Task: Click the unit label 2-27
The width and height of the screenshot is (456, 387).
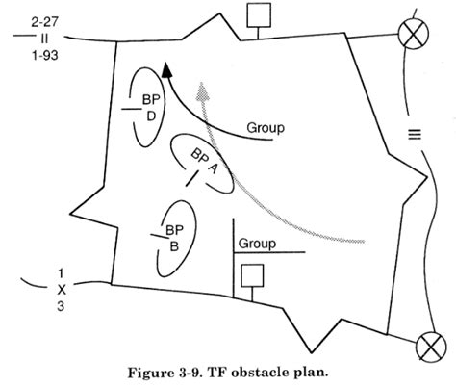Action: click(x=44, y=22)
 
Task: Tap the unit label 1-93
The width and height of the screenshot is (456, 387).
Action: click(x=44, y=56)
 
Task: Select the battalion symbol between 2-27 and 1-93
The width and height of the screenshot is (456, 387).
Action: click(x=44, y=39)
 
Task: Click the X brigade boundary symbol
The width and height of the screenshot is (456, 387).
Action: click(x=62, y=290)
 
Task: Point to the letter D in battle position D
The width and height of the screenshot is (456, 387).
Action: click(x=151, y=116)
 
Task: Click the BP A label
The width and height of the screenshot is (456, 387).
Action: click(x=204, y=161)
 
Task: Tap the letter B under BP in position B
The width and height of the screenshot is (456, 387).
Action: click(x=174, y=246)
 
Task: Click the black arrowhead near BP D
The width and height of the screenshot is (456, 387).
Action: click(x=166, y=70)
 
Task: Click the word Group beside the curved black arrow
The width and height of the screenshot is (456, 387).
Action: click(x=266, y=128)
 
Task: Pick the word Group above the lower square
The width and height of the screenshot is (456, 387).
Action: click(x=257, y=244)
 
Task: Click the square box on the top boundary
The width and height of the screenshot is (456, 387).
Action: click(x=259, y=15)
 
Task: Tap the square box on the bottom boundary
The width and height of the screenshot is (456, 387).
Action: click(x=252, y=275)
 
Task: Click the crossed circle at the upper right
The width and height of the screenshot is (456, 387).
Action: click(x=414, y=34)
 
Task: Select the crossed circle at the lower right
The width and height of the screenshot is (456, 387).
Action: click(x=431, y=348)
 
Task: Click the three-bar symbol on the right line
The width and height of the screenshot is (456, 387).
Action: click(x=415, y=134)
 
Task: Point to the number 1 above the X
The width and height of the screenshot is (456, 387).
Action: click(x=61, y=273)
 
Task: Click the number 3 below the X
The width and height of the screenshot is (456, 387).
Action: click(x=61, y=306)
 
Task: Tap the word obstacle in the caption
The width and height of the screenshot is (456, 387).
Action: click(x=261, y=373)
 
